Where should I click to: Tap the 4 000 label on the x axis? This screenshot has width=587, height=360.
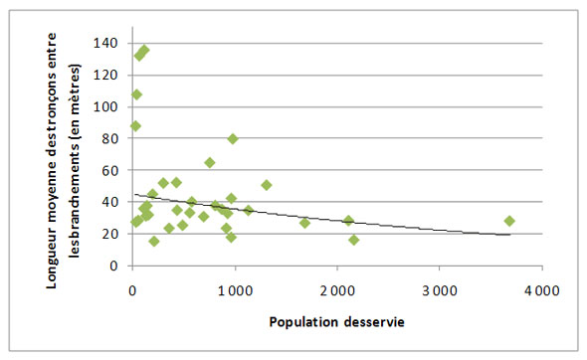(541, 289)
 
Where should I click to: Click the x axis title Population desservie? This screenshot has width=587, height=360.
(335, 323)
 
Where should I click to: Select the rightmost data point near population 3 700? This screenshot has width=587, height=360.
(509, 221)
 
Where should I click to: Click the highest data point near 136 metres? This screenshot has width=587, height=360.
(144, 50)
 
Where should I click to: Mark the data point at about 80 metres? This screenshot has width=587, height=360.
(233, 138)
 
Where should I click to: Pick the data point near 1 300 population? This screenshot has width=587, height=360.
(266, 185)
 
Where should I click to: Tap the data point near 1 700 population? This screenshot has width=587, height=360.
(304, 223)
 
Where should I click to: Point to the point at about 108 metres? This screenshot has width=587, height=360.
(137, 94)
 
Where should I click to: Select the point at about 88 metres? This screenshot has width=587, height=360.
(136, 126)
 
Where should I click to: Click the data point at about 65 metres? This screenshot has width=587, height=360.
(210, 162)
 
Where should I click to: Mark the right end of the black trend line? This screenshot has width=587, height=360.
(509, 235)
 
